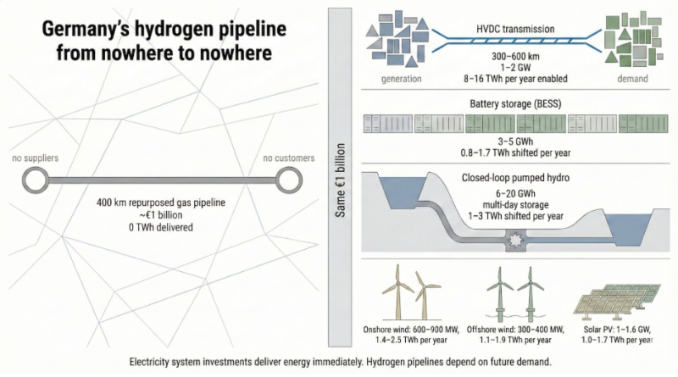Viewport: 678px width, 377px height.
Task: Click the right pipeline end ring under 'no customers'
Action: click(x=288, y=179)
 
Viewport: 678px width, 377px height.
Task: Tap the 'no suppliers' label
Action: click(x=35, y=158)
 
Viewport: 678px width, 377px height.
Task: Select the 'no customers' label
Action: click(x=288, y=158)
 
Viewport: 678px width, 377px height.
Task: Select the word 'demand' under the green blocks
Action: click(x=631, y=79)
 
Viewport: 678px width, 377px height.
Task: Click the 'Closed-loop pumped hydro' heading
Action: click(x=514, y=179)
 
